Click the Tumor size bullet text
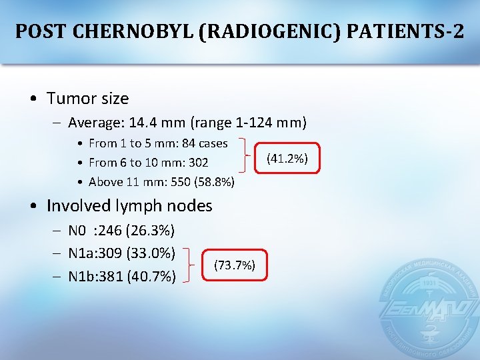tap(87, 99)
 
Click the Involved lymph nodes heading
tap(129, 205)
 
